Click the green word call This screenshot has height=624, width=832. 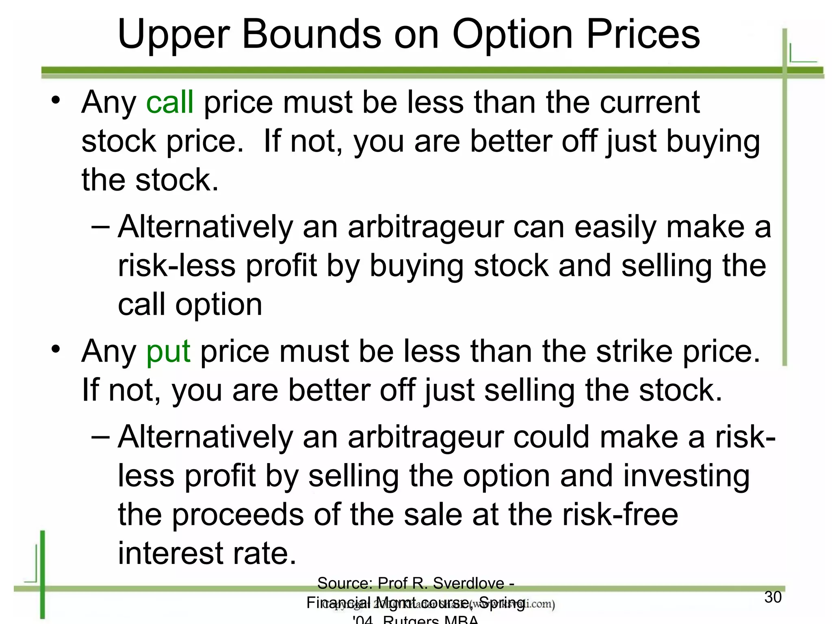click(x=169, y=102)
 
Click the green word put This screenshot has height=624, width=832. click(x=168, y=351)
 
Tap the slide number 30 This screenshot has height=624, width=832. click(x=773, y=597)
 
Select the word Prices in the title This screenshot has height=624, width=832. click(x=643, y=34)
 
